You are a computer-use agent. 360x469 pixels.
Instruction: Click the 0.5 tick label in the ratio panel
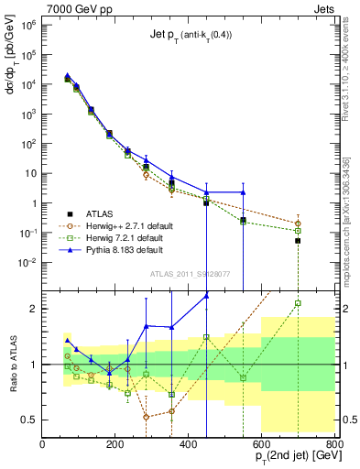click(x=30, y=420)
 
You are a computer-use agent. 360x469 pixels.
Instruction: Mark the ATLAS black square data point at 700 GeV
click(x=298, y=241)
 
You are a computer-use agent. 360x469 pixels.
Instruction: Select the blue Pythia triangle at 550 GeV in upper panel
click(x=243, y=192)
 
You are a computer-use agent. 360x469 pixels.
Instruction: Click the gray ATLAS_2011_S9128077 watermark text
click(x=189, y=273)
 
